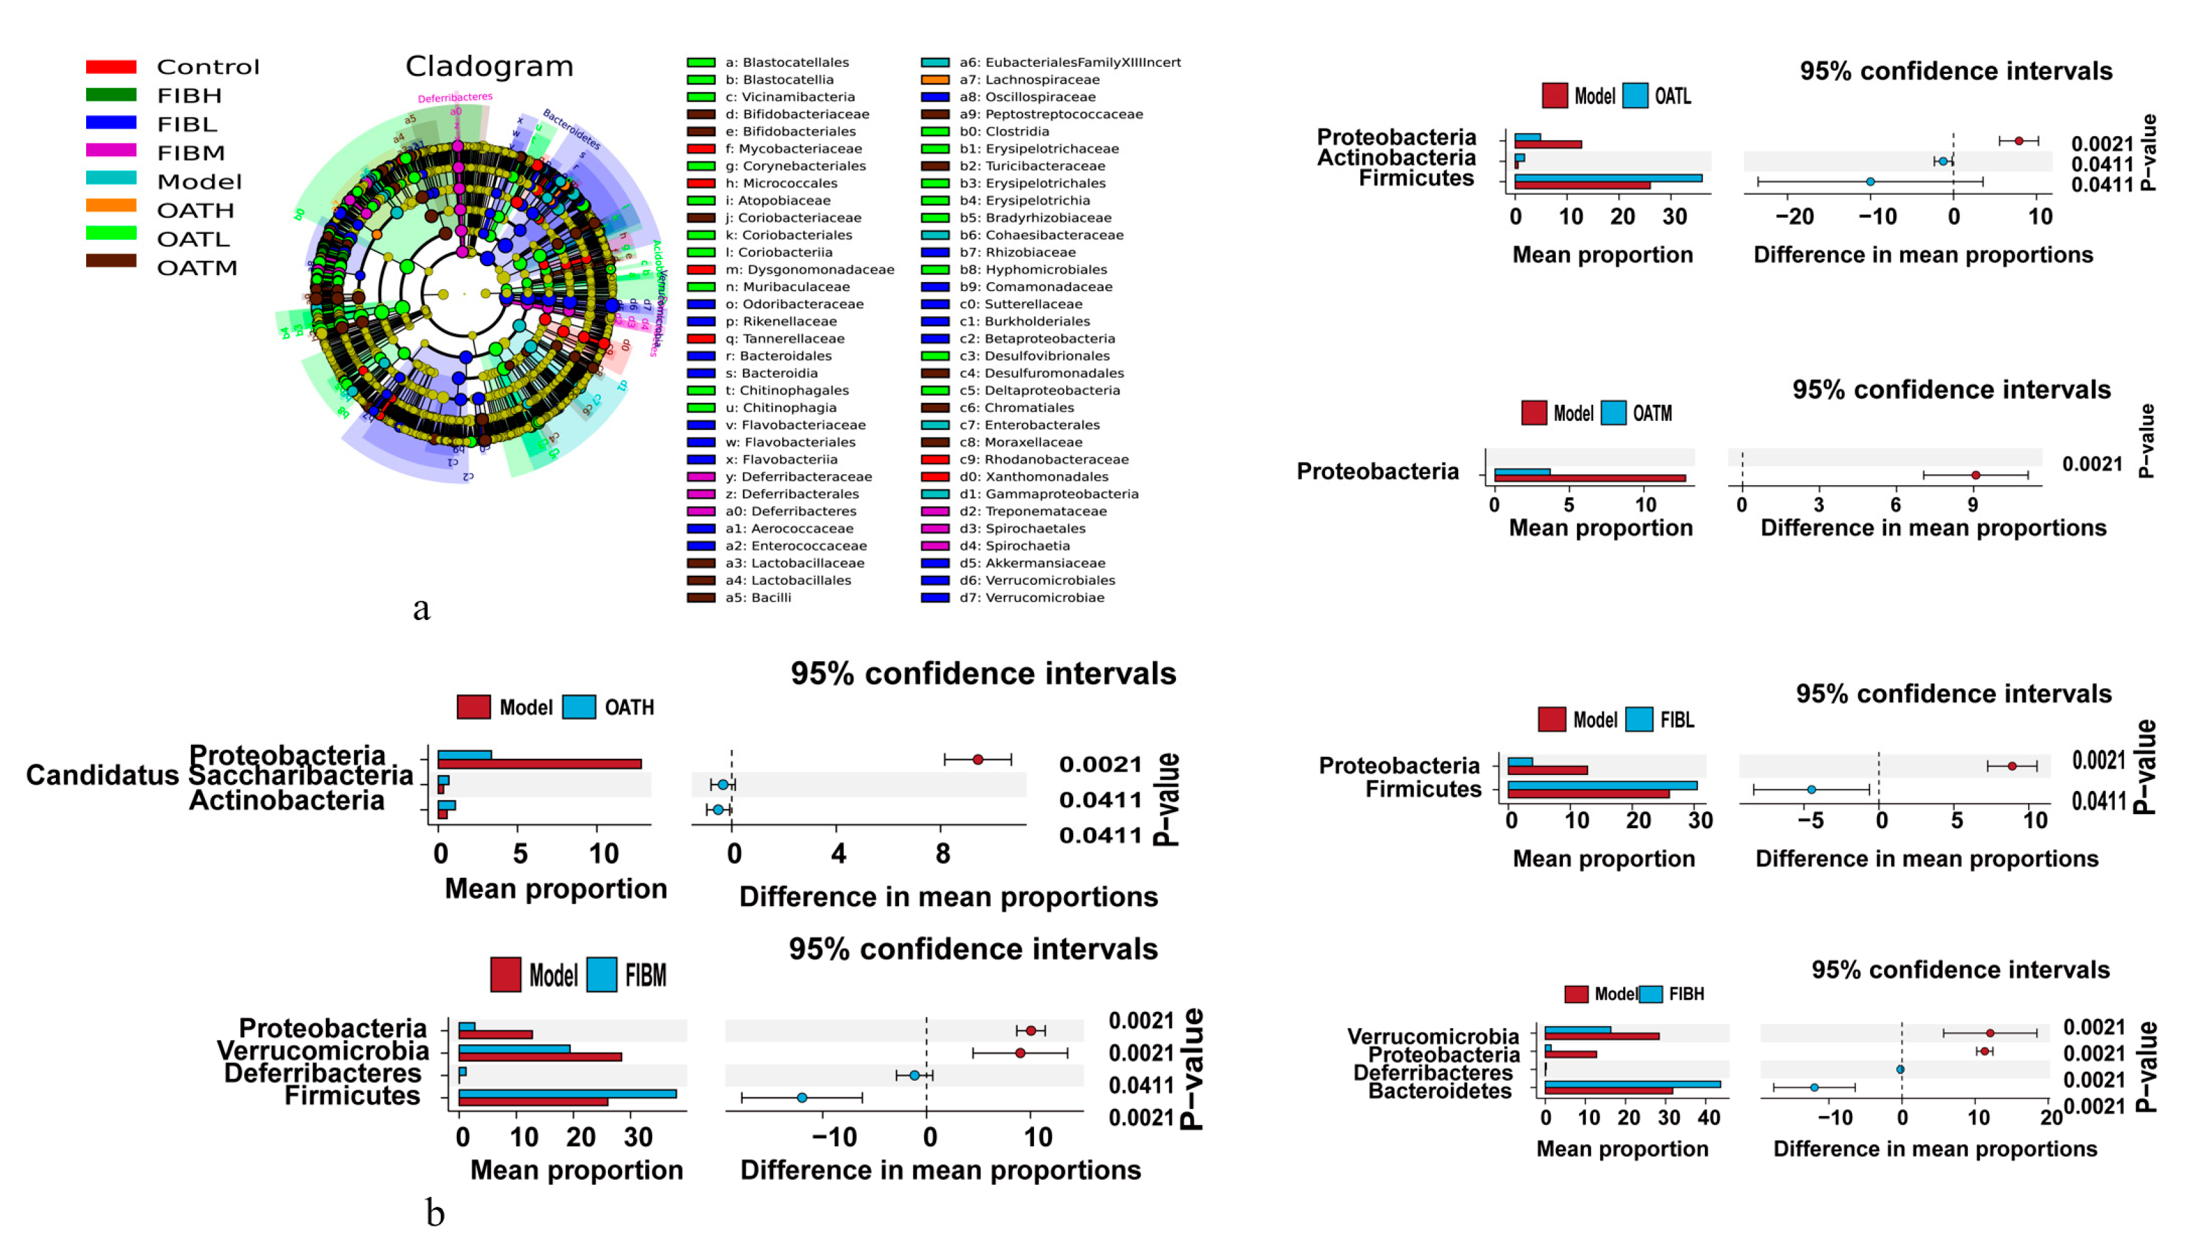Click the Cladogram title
(x=489, y=66)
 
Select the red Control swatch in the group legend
(x=111, y=67)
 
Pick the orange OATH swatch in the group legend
(x=111, y=205)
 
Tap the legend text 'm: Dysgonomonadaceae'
(x=809, y=269)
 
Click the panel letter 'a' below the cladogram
(x=421, y=609)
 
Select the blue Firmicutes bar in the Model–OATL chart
(x=1607, y=179)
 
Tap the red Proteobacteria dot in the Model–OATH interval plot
(x=977, y=760)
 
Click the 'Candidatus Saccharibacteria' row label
(x=220, y=776)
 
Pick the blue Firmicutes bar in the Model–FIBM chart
(x=567, y=1094)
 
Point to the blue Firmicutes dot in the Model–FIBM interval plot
(x=801, y=1097)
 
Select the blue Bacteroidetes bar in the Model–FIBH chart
(x=1632, y=1084)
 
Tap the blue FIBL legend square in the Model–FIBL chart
(x=1639, y=720)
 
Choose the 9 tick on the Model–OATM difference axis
(x=1973, y=505)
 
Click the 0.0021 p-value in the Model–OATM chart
(x=2092, y=464)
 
